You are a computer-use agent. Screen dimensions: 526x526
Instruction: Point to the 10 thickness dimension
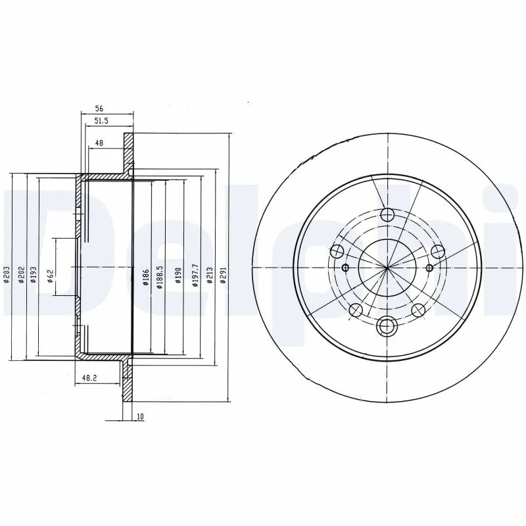pyautogui.click(x=140, y=416)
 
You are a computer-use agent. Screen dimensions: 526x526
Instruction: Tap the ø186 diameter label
pyautogui.click(x=146, y=276)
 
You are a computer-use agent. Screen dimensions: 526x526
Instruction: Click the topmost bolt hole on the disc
pyautogui.click(x=387, y=214)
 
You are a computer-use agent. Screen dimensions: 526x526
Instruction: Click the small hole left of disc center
pyautogui.click(x=346, y=268)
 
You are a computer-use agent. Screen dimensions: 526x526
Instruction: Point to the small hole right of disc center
pyautogui.click(x=429, y=268)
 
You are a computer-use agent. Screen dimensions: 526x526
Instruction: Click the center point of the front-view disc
pyautogui.click(x=387, y=268)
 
